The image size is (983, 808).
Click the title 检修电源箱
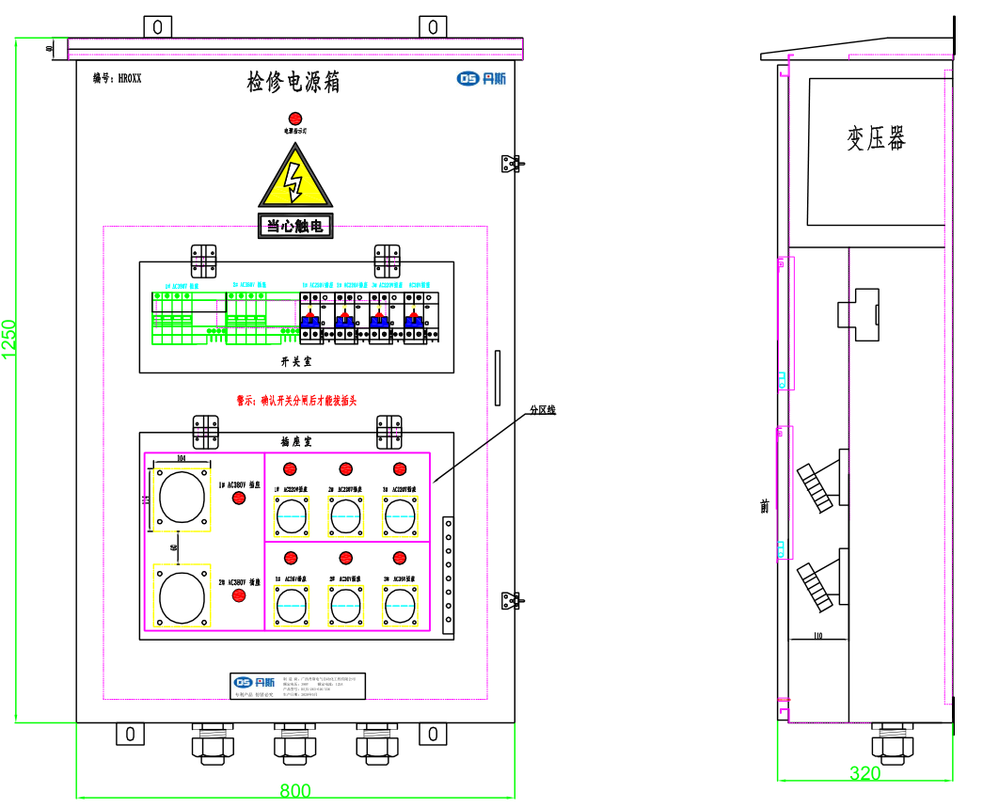293,83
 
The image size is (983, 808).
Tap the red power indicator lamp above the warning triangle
294,119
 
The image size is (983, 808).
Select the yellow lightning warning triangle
295,179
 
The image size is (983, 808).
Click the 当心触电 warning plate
295,226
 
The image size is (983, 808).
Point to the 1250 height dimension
9,339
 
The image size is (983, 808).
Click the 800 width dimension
295,791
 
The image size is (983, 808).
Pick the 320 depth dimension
864,773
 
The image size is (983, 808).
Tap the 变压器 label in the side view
876,139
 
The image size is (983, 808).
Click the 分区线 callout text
543,410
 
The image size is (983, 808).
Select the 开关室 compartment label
295,361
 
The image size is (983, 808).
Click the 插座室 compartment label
296,440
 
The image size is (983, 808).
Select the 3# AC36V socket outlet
400,605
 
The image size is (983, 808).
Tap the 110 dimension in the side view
817,637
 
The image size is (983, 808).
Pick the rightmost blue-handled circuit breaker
414,320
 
